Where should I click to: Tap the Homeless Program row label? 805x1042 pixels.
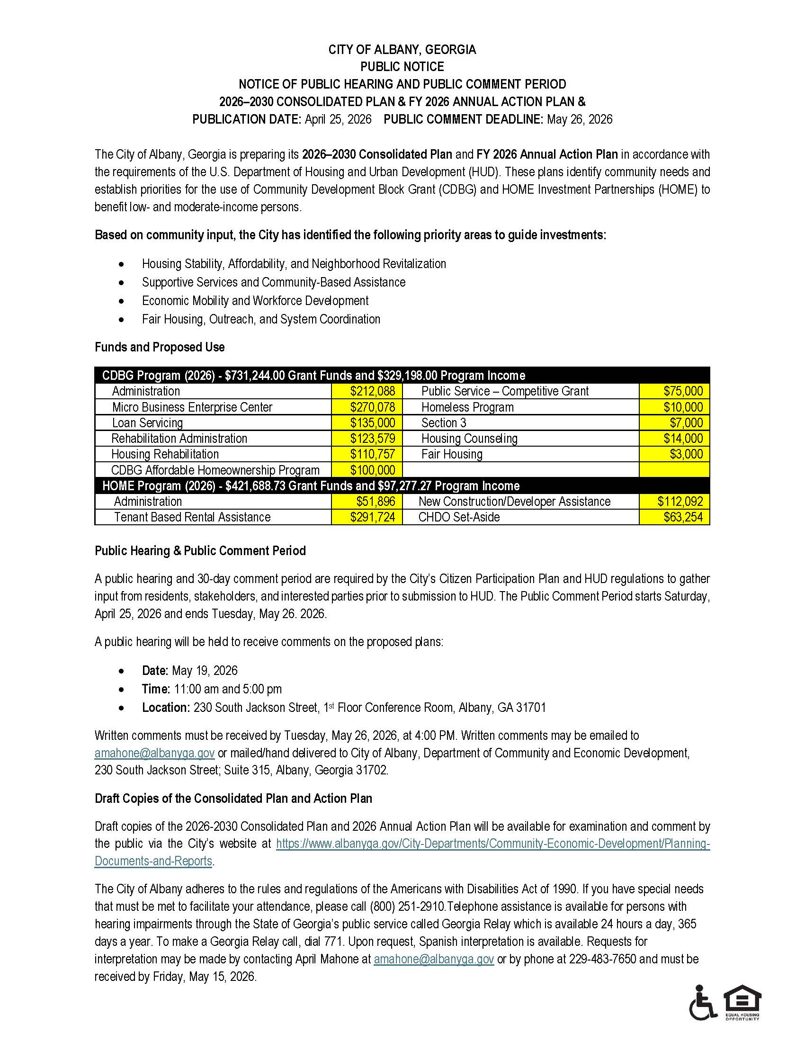tap(467, 407)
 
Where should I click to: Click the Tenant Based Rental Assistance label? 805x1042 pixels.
tap(192, 517)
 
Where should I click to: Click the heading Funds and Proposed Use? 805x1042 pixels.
tap(159, 347)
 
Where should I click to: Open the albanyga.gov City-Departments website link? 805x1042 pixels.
tap(492, 844)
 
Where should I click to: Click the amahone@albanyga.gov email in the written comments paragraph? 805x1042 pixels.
tap(154, 753)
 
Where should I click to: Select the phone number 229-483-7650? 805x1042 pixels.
tap(602, 959)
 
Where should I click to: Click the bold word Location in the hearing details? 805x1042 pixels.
tap(165, 708)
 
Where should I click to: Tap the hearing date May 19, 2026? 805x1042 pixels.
tap(204, 670)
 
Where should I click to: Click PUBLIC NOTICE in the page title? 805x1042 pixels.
tap(402, 67)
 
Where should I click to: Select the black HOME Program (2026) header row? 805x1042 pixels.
tap(311, 485)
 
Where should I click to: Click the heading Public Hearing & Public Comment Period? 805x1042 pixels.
tap(200, 550)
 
